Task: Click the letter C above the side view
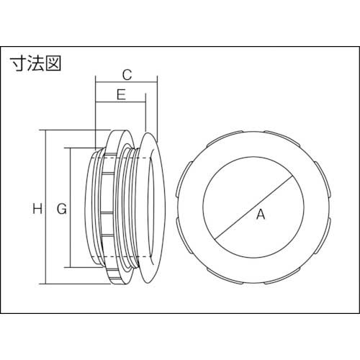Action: (126, 73)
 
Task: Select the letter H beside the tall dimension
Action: (35, 210)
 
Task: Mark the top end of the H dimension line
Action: (48, 130)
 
